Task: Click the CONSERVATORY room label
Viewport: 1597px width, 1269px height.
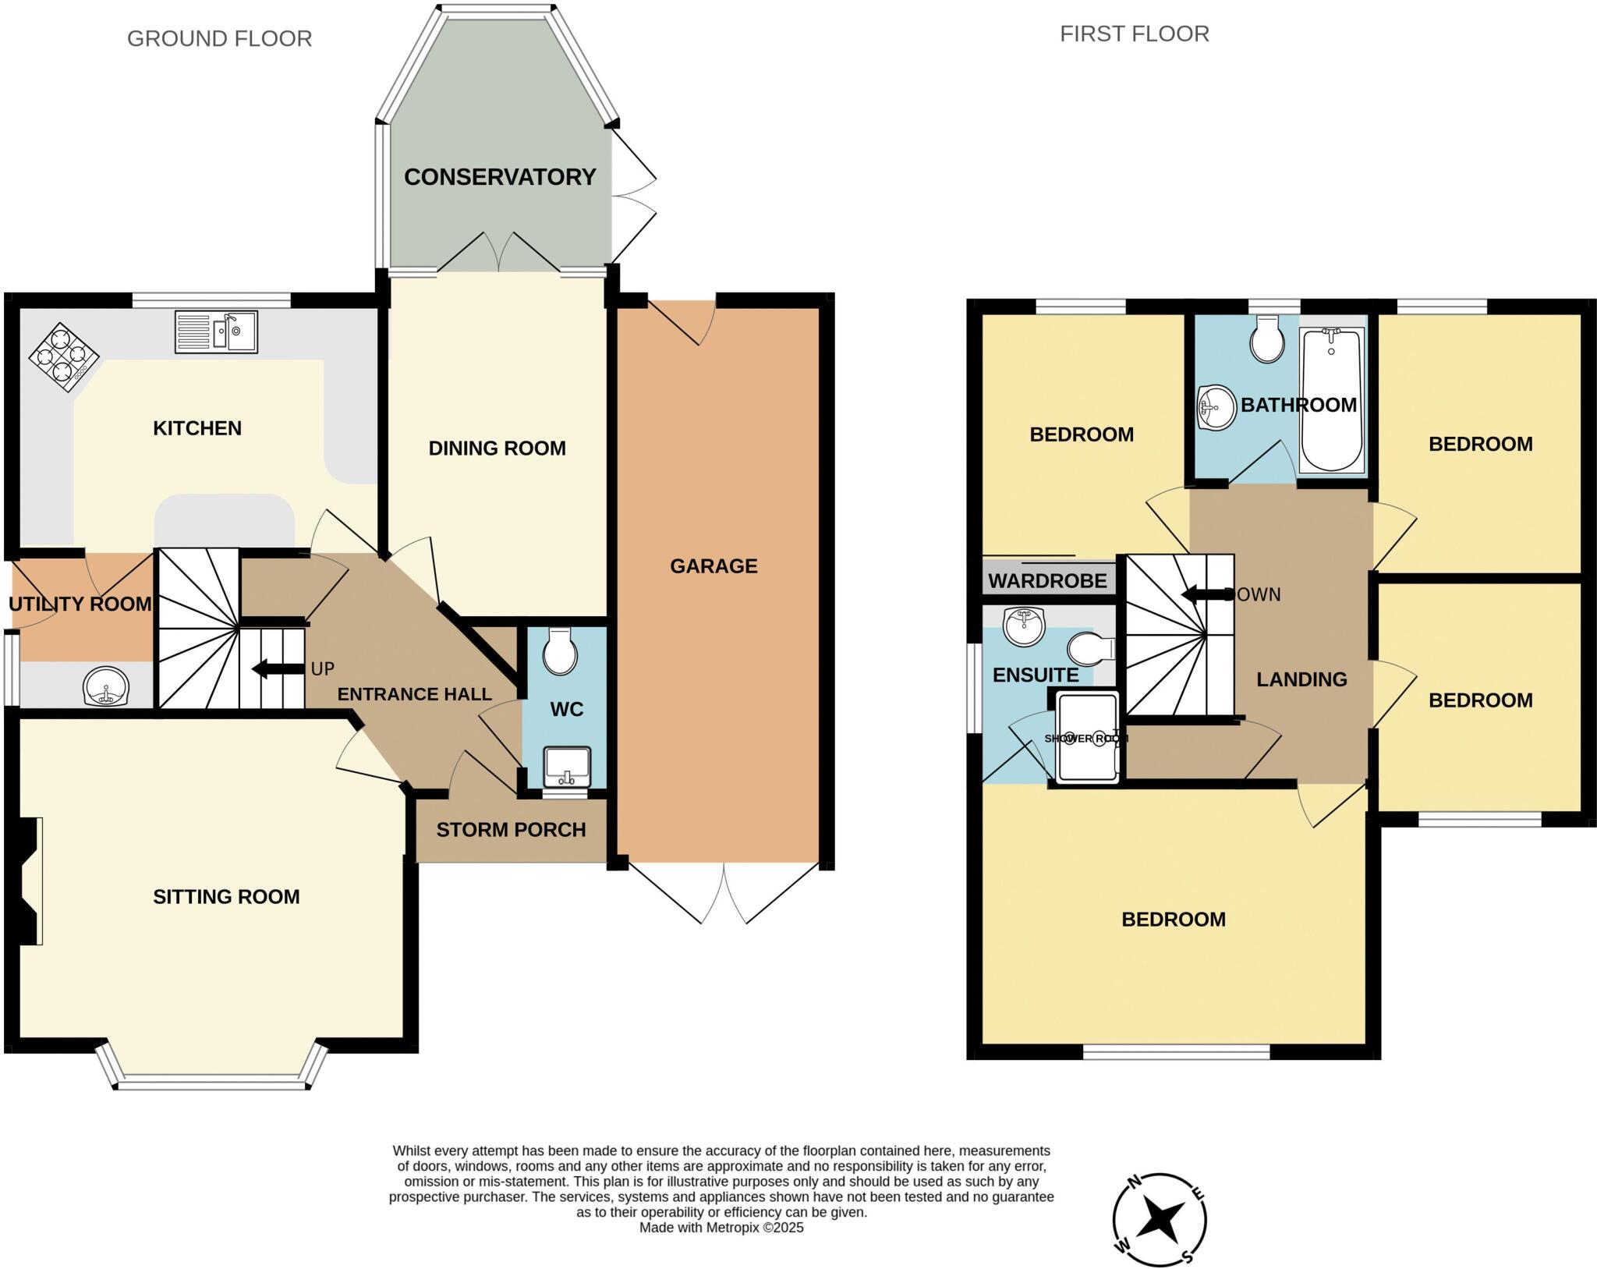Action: pos(500,177)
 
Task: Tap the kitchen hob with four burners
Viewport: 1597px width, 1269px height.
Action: pos(64,357)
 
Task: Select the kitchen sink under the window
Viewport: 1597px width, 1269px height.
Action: pos(216,332)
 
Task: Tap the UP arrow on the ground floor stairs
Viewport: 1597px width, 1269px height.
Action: pos(277,669)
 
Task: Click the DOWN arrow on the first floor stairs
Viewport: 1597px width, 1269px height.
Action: pos(1208,594)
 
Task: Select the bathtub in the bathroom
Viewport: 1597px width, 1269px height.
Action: pos(1332,399)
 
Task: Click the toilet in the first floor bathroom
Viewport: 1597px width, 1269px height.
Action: pos(1268,339)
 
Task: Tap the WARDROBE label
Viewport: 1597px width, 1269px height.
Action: pos(1047,581)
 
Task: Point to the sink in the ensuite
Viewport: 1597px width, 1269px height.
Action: pos(1024,626)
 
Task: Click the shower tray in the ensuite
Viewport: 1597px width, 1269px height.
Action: pos(1087,736)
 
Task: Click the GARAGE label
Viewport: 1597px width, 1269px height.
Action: pos(714,566)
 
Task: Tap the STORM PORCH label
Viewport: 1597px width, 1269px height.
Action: pos(511,830)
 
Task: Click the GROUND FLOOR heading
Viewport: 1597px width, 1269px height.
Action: pos(219,39)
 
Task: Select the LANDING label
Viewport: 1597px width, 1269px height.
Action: pos(1301,679)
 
